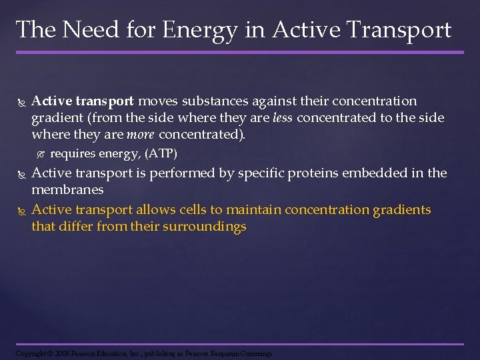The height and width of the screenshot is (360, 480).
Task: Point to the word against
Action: (x=267, y=101)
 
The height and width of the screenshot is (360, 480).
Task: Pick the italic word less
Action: (x=283, y=118)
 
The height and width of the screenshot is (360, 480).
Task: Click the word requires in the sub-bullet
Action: (x=73, y=154)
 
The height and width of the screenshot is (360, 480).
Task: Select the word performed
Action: (x=174, y=173)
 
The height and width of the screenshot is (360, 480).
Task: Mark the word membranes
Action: (x=67, y=190)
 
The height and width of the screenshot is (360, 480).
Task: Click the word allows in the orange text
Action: (x=157, y=209)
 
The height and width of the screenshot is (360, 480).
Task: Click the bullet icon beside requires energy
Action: (x=40, y=154)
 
